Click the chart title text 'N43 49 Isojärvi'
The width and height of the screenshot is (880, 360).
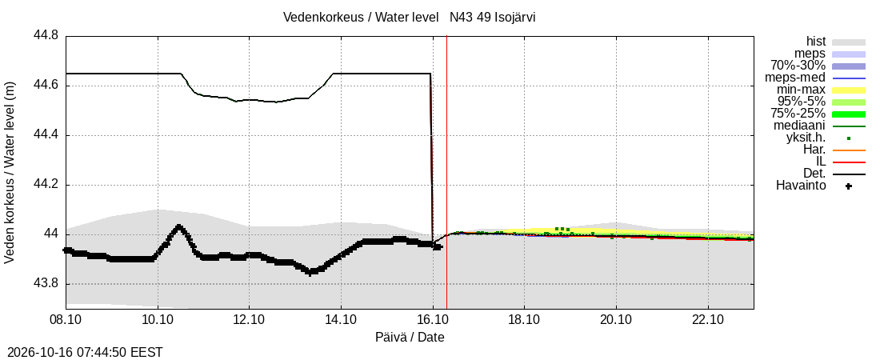(492, 18)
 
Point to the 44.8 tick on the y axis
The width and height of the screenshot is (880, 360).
(46, 36)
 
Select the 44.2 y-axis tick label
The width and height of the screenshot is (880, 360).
(46, 185)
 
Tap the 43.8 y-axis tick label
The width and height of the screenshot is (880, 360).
(46, 284)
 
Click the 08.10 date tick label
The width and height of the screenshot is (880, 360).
(66, 319)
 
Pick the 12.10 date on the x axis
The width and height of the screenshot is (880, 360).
(249, 319)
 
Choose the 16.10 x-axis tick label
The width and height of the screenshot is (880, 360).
(433, 319)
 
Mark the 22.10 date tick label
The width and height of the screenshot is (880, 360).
(708, 319)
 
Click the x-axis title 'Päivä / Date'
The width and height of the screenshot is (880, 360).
(410, 338)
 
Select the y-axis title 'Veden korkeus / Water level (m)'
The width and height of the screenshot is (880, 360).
(10, 173)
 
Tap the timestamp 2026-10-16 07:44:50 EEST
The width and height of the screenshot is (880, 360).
(82, 353)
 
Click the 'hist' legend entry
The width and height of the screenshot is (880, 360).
(815, 42)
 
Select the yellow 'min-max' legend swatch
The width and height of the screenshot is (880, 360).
(849, 90)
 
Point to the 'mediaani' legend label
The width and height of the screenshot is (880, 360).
(799, 126)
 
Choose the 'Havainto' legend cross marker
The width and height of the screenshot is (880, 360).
(849, 186)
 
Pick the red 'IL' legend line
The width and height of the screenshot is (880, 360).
(849, 162)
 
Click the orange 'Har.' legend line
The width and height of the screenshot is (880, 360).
(849, 150)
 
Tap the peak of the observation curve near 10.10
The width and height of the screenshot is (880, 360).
(179, 226)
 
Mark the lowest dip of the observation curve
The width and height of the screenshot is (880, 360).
(310, 272)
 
